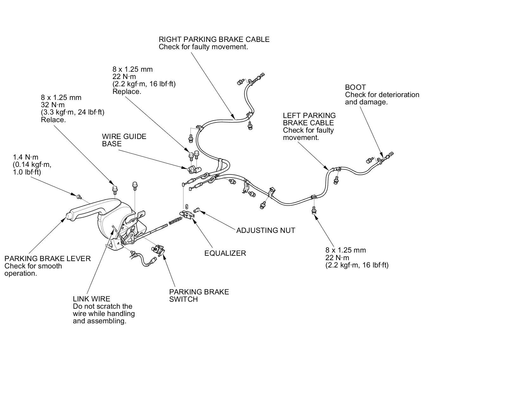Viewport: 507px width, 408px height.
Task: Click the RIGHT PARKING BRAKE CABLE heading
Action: (214, 39)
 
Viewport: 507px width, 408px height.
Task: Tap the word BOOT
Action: (355, 87)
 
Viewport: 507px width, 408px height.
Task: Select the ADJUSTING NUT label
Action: (266, 230)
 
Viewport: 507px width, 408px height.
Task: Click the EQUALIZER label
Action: (225, 253)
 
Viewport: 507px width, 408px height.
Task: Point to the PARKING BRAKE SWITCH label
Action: (199, 295)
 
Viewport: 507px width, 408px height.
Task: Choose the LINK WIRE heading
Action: (91, 299)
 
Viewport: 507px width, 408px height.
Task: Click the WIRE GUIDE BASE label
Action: (124, 140)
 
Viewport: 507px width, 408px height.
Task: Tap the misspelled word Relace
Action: (53, 120)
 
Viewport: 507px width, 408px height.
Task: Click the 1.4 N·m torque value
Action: (25, 157)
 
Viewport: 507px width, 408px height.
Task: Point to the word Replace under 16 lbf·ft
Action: (126, 92)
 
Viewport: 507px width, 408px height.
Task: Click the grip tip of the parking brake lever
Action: (68, 216)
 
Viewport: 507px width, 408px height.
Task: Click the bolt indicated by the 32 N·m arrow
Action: (115, 189)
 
